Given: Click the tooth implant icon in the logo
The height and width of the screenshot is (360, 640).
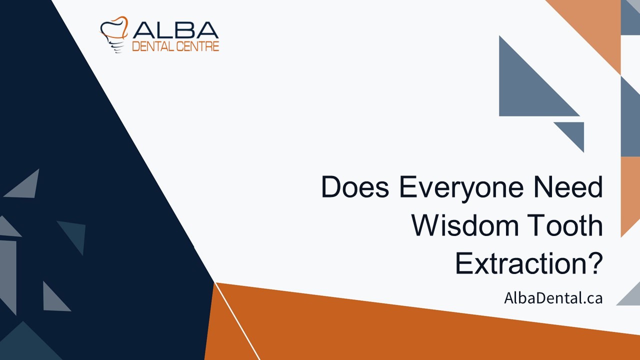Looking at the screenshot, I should (x=114, y=35).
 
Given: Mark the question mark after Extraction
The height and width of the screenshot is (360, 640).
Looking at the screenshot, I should (x=593, y=263).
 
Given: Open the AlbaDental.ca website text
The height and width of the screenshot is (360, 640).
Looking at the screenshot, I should (x=553, y=298).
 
